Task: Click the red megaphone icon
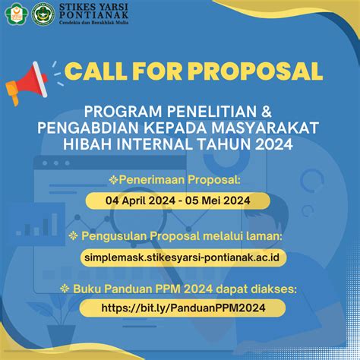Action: pos(27,83)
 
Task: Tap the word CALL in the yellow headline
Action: pos(96,71)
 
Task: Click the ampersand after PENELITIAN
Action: pos(266,112)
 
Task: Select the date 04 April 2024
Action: pos(141,201)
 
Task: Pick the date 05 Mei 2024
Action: pos(218,201)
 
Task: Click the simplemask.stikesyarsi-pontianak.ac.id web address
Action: pos(182,257)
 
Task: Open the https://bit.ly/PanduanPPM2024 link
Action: pos(183,308)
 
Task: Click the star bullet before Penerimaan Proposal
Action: pos(113,180)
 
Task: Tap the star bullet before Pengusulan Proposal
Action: pos(73,236)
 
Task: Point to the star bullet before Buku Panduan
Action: pos(65,289)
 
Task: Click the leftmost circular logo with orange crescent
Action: pos(17,14)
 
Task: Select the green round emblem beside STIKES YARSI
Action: pos(43,14)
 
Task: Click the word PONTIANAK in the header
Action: pos(93,15)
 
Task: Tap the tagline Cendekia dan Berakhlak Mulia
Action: pos(93,23)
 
